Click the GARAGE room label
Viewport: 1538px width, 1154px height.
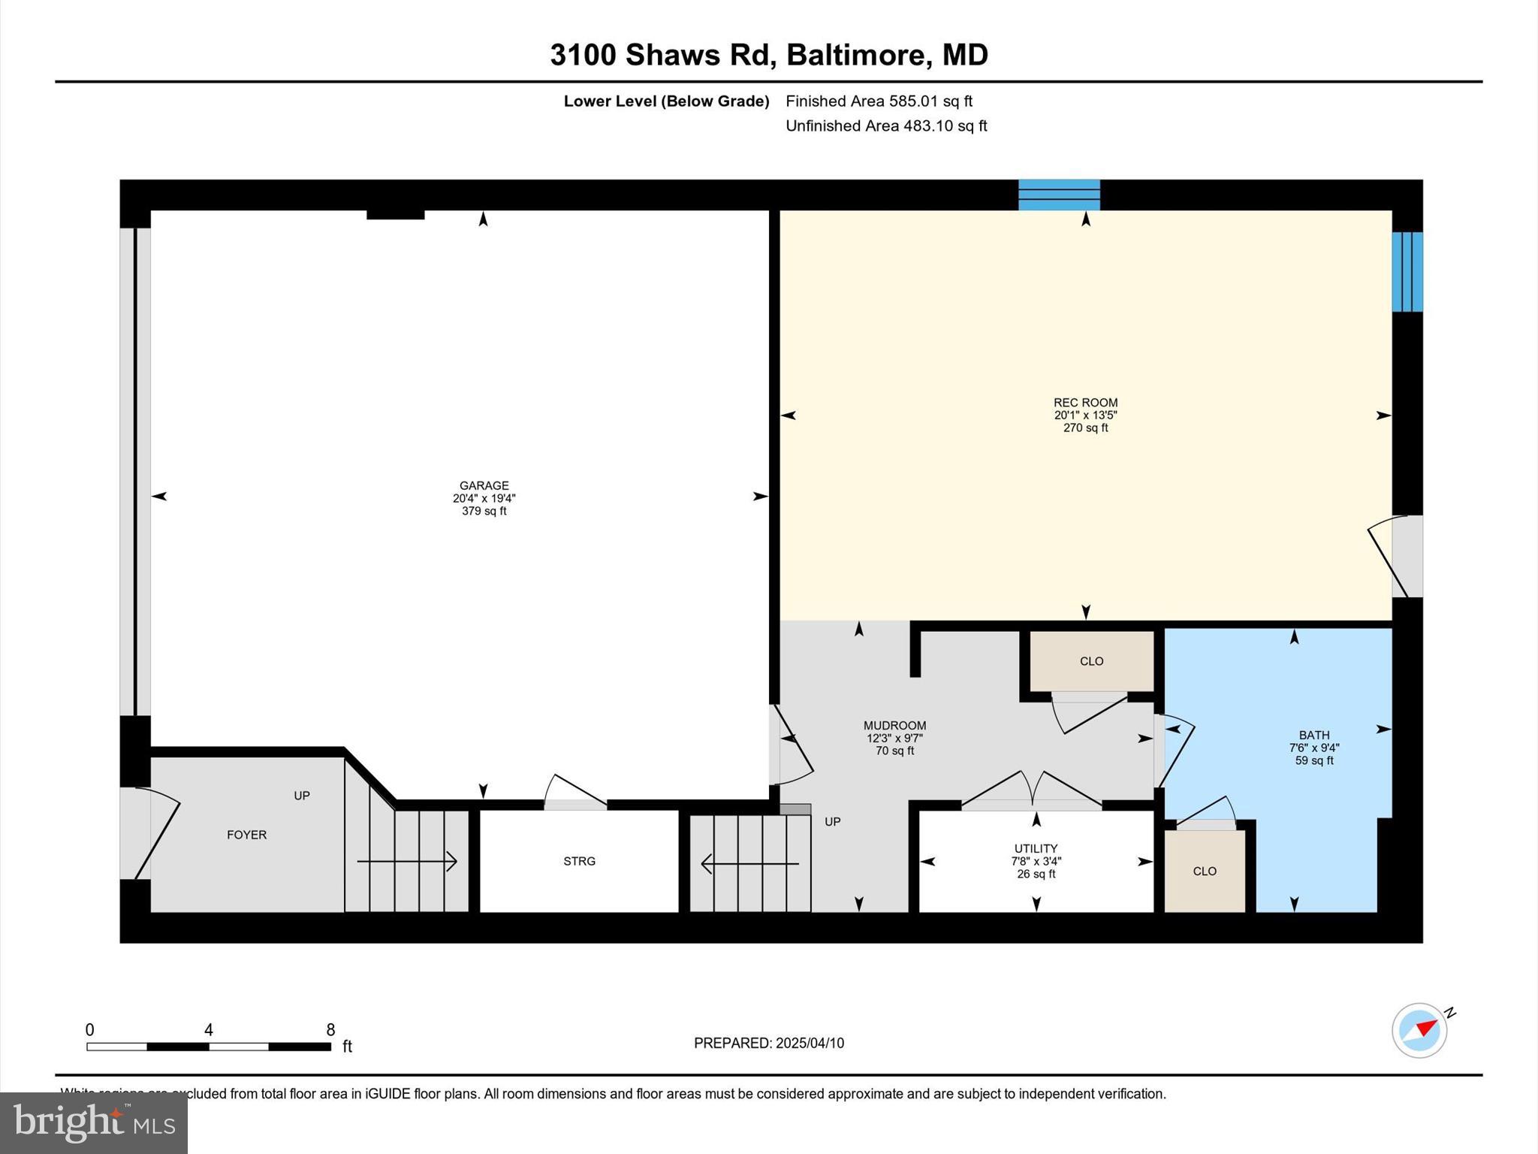484,485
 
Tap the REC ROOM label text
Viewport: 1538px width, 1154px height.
1085,403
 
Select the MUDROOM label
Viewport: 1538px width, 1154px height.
894,726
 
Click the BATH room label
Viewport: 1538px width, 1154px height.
1314,736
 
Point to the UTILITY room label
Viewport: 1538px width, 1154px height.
1036,849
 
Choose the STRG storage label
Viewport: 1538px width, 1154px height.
579,861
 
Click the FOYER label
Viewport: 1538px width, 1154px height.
247,835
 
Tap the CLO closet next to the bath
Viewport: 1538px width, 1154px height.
1205,872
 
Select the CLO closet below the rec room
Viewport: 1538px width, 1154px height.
1091,661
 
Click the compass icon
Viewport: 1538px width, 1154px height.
1419,1031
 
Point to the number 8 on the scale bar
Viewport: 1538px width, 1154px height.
330,1030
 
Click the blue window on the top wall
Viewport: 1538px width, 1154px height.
1059,195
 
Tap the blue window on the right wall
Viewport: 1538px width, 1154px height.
1407,271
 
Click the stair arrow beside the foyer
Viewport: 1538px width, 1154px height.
407,862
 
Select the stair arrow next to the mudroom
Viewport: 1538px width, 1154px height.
749,864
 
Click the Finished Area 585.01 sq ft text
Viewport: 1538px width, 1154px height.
879,101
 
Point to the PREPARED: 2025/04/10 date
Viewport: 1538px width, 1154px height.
768,1043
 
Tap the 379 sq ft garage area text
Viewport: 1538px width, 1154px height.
484,512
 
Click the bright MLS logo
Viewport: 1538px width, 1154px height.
94,1123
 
